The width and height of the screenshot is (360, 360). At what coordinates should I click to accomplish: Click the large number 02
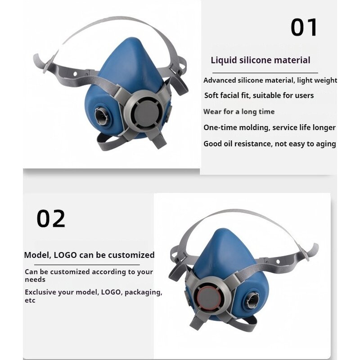51,219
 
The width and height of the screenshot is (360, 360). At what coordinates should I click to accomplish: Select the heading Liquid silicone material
261,60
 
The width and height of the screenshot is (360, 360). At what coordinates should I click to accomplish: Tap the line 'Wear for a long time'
239,112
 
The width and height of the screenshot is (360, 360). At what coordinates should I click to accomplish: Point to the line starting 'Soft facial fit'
259,95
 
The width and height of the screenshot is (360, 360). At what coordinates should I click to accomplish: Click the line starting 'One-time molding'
270,127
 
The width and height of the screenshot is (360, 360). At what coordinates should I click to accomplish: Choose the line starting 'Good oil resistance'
270,144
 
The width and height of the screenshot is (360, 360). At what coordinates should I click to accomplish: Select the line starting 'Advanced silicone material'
270,81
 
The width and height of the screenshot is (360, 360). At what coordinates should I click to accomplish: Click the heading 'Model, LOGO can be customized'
89,255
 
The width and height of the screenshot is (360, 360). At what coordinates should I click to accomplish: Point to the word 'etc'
30,301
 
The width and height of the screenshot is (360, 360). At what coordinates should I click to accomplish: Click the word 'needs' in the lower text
35,279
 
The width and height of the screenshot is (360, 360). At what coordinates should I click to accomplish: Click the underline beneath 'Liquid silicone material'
265,72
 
